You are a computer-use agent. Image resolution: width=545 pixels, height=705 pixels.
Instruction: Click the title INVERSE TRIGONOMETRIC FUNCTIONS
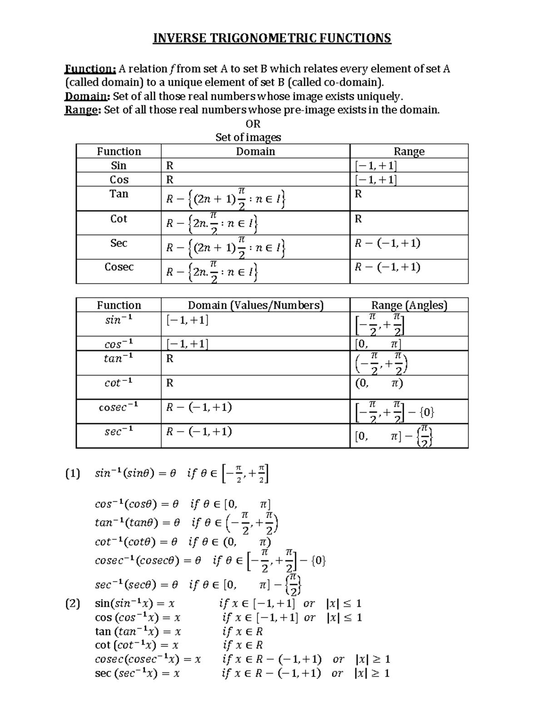272,38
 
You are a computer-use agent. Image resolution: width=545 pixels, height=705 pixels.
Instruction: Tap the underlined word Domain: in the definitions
87,97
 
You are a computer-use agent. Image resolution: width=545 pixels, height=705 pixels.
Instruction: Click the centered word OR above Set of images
253,124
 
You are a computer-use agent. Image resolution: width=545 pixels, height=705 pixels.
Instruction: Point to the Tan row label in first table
119,194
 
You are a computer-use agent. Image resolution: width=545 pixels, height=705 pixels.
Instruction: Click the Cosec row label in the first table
119,267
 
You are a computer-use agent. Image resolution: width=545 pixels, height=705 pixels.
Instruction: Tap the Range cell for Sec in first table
387,244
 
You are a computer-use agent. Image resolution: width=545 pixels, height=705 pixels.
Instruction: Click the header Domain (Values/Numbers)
255,305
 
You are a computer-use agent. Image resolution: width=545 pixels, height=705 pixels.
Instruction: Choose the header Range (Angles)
409,305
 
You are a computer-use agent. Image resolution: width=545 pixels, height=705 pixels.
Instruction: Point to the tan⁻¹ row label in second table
119,359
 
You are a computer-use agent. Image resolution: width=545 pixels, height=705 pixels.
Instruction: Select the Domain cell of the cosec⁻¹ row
199,407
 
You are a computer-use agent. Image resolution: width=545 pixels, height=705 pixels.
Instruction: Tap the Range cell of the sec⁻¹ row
394,437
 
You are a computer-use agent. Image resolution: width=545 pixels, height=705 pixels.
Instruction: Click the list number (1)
73,474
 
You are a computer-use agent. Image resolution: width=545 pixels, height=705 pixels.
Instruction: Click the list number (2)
73,604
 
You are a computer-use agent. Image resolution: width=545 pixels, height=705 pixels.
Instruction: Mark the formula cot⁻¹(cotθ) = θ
137,542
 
